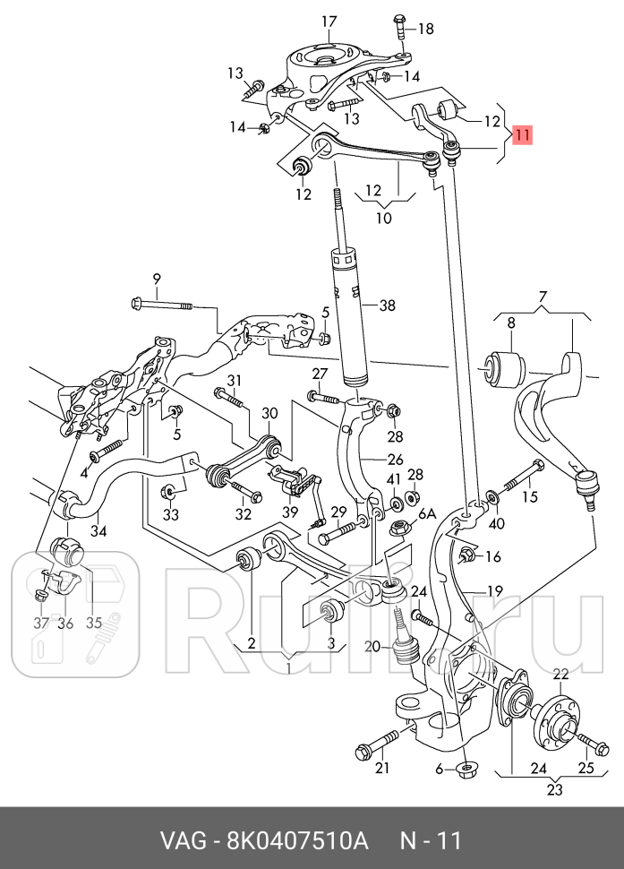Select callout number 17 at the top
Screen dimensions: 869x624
click(x=329, y=22)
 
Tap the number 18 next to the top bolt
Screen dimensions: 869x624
click(x=424, y=29)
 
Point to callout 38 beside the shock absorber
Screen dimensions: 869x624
click(x=386, y=305)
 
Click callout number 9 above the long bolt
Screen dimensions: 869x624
click(x=156, y=279)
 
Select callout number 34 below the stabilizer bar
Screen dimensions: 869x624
click(x=98, y=530)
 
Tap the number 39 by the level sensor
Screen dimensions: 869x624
click(x=289, y=511)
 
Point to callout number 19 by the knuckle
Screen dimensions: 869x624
click(x=495, y=590)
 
